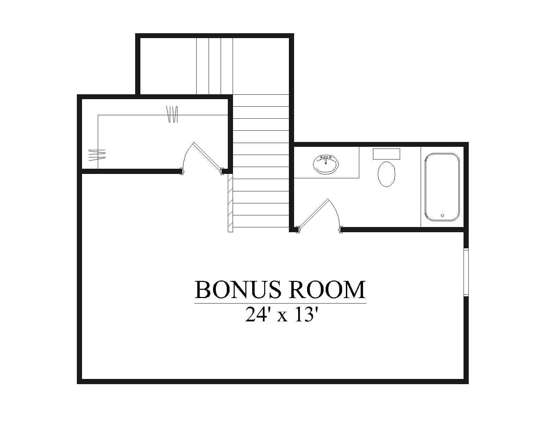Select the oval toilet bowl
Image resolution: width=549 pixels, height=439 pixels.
click(386, 174)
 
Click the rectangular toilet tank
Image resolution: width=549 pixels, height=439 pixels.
click(386, 154)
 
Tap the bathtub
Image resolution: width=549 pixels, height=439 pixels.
click(442, 187)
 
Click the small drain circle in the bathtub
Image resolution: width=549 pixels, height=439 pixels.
click(442, 215)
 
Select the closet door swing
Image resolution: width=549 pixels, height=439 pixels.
click(201, 157)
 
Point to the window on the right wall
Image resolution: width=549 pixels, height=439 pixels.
click(466, 272)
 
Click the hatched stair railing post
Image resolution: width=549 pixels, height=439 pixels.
click(230, 203)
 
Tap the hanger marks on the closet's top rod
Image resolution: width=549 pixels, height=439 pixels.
click(172, 114)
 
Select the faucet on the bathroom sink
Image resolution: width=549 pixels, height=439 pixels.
click(326, 160)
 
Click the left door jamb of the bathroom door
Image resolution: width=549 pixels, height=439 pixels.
click(297, 230)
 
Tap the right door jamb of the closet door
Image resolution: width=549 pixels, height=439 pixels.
click(222, 171)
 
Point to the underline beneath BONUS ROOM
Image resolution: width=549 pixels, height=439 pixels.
click(280, 303)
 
